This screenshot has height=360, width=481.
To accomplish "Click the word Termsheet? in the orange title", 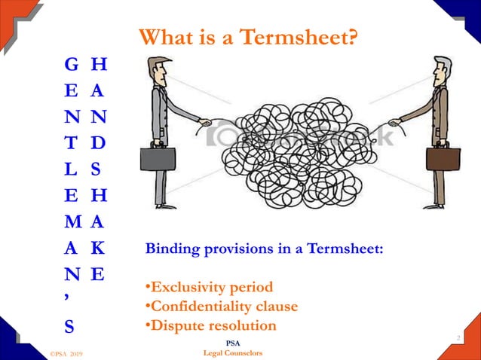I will [x=301, y=37].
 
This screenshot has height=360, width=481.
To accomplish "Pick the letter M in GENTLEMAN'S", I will [x=72, y=222].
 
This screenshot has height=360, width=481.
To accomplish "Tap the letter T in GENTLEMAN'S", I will [x=71, y=142].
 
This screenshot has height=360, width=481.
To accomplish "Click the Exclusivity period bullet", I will [x=209, y=287].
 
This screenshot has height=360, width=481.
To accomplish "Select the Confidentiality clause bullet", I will [x=221, y=307].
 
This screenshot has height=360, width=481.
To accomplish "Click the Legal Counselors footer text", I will [x=234, y=352].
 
